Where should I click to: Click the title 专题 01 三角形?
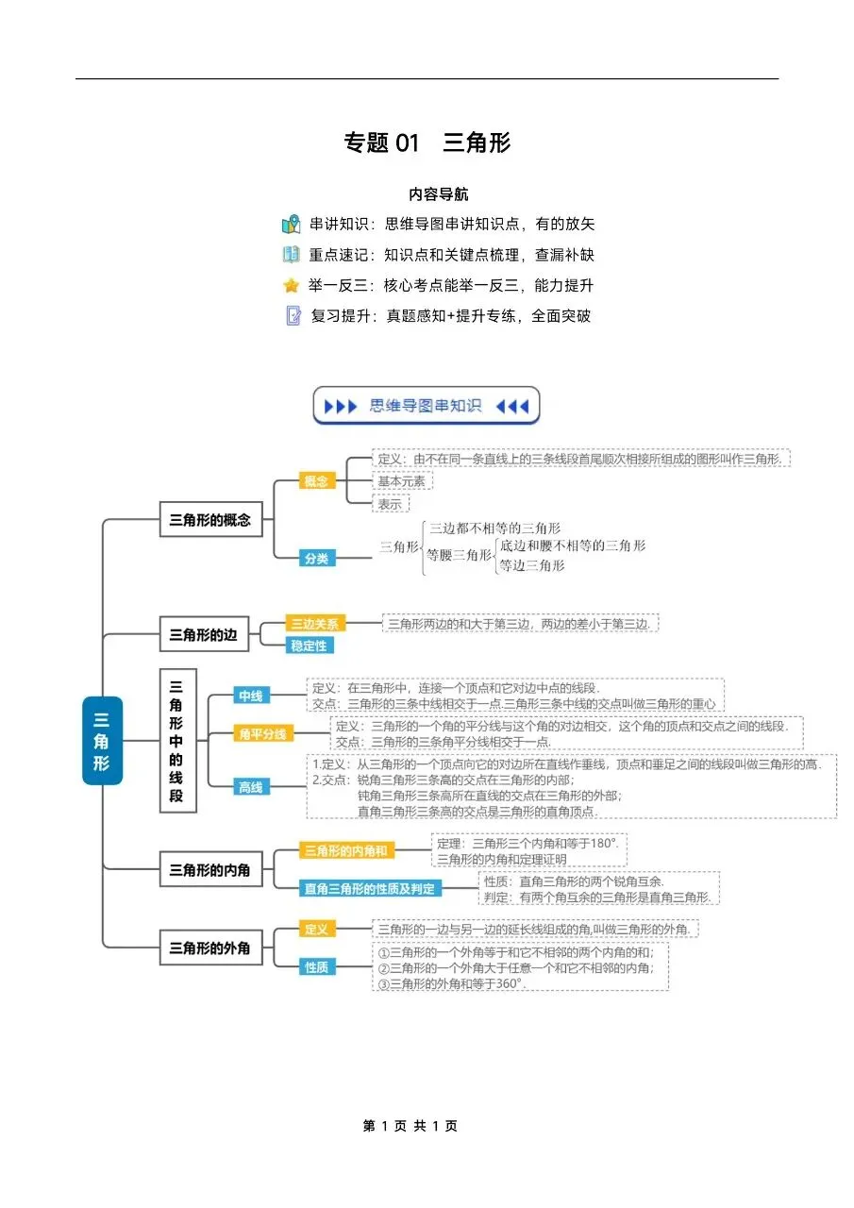click(x=427, y=143)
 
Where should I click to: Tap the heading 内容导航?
click(x=438, y=194)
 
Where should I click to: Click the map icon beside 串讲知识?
click(x=291, y=225)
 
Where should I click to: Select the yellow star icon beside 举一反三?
click(x=291, y=285)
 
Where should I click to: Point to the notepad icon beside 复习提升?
click(x=293, y=316)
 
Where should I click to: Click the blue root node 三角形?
click(x=102, y=741)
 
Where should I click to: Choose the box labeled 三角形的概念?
click(x=209, y=519)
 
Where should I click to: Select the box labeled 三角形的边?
click(x=203, y=635)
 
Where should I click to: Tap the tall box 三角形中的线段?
click(x=176, y=741)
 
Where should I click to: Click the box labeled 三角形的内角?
click(x=209, y=869)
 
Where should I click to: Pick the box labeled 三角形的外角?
click(x=209, y=948)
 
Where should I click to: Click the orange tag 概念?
click(x=316, y=481)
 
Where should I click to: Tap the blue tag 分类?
click(x=316, y=559)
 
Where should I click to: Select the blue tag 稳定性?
click(x=310, y=646)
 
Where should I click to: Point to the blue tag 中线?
click(x=250, y=696)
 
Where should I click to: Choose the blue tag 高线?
click(x=250, y=786)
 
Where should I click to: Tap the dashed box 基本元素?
click(x=402, y=481)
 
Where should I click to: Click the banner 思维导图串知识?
click(x=427, y=406)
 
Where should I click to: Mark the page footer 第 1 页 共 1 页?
click(x=410, y=1126)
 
